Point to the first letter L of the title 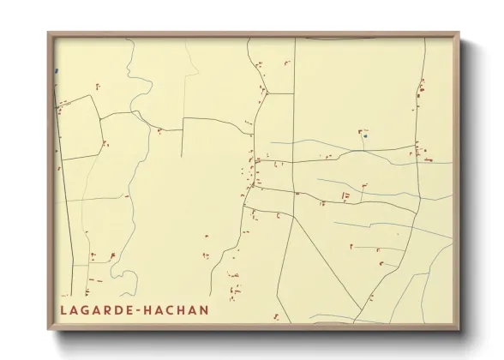[x=63, y=309]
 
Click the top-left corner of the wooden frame [x=48, y=33]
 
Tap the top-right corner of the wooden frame [x=459, y=33]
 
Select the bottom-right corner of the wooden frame [x=459, y=329]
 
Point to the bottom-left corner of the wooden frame [x=48, y=329]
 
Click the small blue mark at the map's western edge [x=56, y=71]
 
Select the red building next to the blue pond [x=360, y=132]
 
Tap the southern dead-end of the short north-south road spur [x=182, y=158]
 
